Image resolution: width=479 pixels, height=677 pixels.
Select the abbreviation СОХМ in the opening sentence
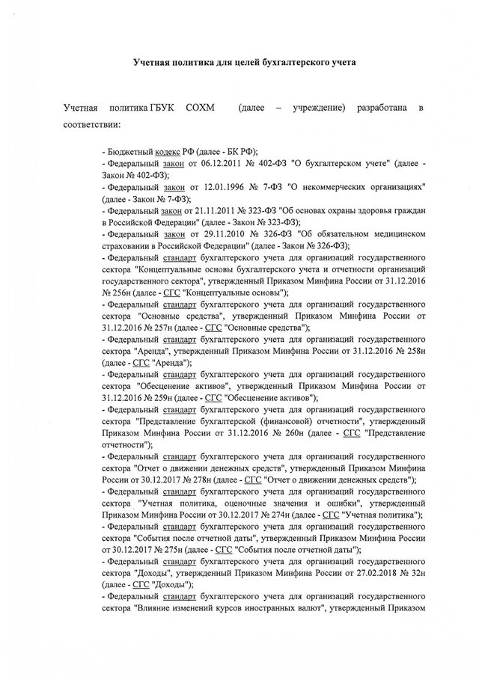point(198,109)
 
